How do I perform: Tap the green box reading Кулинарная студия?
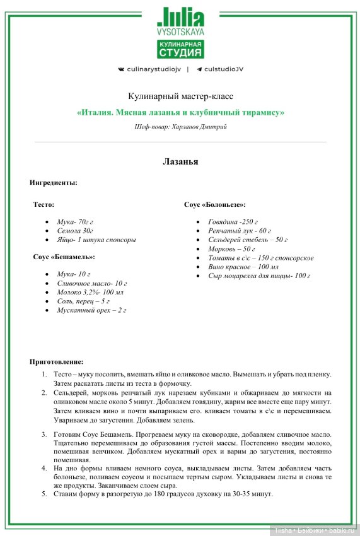[x=180, y=48]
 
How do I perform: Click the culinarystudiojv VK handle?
[x=149, y=69]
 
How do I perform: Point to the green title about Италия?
[x=180, y=113]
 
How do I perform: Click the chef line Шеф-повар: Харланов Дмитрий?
[x=180, y=127]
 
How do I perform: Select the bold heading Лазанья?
[x=180, y=162]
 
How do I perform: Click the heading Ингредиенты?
[x=54, y=182]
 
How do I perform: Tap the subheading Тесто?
[x=44, y=205]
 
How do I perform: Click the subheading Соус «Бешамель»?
[x=64, y=257]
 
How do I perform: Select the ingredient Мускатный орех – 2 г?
[x=91, y=310]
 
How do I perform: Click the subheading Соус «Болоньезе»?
[x=215, y=205]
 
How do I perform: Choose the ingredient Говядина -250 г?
[x=233, y=222]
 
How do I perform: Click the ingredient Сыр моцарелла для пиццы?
[x=258, y=276]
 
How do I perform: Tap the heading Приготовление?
[x=56, y=361]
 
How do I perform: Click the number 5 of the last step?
[x=44, y=494]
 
